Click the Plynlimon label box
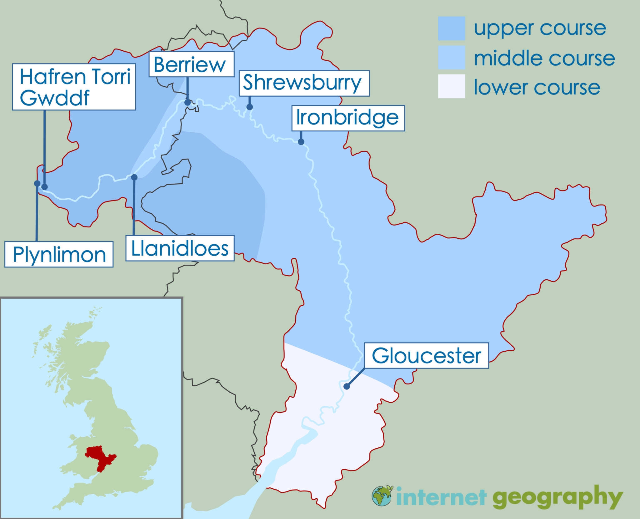(x=59, y=254)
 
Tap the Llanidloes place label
(x=180, y=248)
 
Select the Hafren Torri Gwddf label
(x=74, y=87)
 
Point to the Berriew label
(x=191, y=64)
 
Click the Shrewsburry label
(x=304, y=83)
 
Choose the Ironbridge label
(x=348, y=118)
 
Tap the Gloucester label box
(x=426, y=356)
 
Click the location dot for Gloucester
(x=347, y=386)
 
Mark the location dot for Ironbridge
(x=301, y=142)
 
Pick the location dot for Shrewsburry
(x=249, y=107)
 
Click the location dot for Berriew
(x=187, y=102)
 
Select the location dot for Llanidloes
(x=134, y=177)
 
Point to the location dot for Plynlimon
(x=37, y=183)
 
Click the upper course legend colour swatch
(x=451, y=28)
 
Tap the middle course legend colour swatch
(x=451, y=58)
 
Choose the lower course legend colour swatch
(x=451, y=86)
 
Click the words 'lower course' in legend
(x=537, y=87)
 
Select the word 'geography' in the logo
(x=557, y=497)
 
